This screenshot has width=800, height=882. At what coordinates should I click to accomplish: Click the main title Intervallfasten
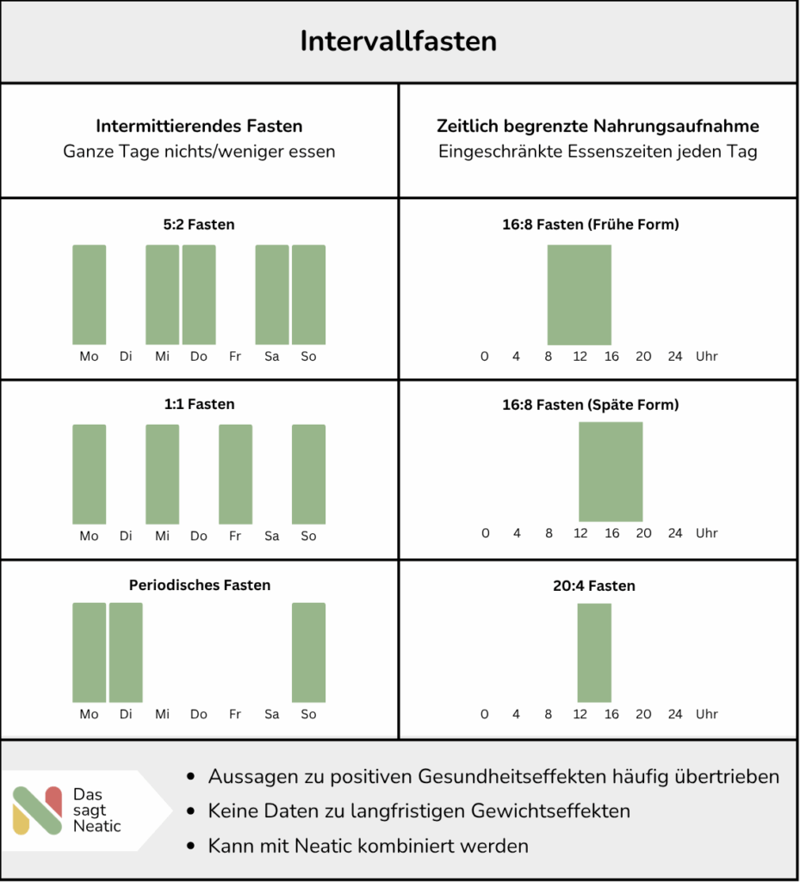(399, 41)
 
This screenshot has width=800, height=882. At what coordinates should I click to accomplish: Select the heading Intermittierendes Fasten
(199, 127)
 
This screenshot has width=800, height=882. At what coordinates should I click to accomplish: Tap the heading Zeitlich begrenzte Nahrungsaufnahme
(598, 127)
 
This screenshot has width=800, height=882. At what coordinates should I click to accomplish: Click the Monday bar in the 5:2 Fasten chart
(89, 295)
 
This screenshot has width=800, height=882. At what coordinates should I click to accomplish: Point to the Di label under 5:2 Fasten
(126, 357)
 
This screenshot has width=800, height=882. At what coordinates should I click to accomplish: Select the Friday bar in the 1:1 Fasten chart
(235, 474)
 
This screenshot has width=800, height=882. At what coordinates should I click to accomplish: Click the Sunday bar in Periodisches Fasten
(308, 652)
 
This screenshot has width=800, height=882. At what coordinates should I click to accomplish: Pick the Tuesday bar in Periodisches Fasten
(126, 652)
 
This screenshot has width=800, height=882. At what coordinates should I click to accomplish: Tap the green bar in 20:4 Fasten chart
(594, 652)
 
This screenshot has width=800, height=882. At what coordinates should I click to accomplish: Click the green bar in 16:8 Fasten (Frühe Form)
(580, 295)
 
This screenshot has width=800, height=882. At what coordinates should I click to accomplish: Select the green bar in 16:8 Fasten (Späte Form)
(611, 471)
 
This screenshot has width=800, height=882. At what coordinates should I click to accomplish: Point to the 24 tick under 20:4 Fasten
(675, 714)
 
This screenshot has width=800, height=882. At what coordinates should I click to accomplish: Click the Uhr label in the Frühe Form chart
(707, 357)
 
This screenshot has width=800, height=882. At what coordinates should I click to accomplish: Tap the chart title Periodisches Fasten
(200, 586)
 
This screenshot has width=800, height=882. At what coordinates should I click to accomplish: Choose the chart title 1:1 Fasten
(199, 404)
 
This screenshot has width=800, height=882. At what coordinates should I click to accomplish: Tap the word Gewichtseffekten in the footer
(547, 811)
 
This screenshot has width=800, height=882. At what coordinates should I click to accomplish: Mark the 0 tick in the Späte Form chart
(485, 533)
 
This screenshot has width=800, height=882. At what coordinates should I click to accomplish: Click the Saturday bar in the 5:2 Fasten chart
(272, 295)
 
